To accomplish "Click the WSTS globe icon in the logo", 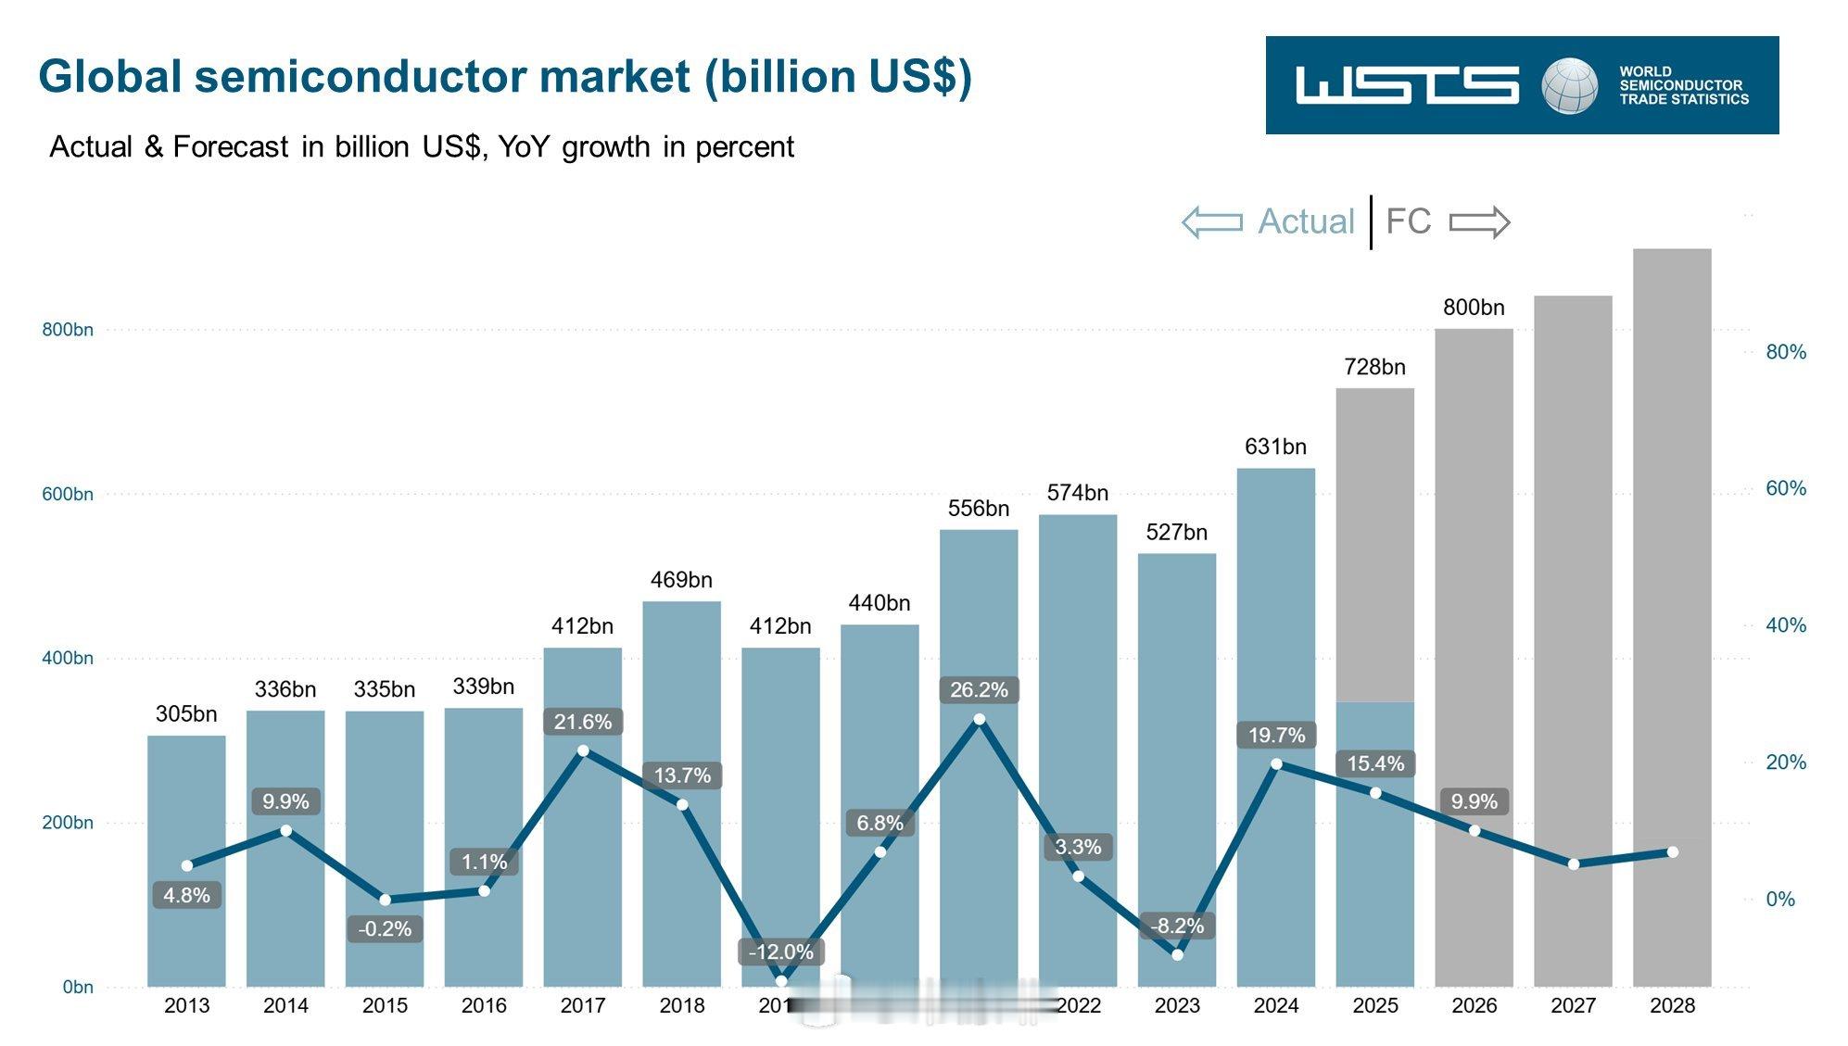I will pyautogui.click(x=1569, y=85).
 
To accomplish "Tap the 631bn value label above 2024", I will pyautogui.click(x=1275, y=447).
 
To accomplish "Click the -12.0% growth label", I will pyautogui.click(x=780, y=951).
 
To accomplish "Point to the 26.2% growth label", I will pyautogui.click(x=979, y=690).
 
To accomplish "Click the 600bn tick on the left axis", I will pyautogui.click(x=68, y=494).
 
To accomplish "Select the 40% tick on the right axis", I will pyautogui.click(x=1785, y=625).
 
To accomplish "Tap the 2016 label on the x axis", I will pyautogui.click(x=484, y=1005).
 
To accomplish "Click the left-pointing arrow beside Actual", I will pyautogui.click(x=1212, y=222).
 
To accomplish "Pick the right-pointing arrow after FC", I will pyautogui.click(x=1479, y=222).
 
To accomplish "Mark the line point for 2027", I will pyautogui.click(x=1573, y=863).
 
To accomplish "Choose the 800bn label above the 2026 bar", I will pyautogui.click(x=1474, y=308).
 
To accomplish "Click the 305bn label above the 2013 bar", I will pyautogui.click(x=186, y=714).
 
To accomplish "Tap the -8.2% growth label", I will pyautogui.click(x=1177, y=926).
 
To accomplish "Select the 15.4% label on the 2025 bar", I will pyautogui.click(x=1374, y=763).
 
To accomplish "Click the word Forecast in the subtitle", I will pyautogui.click(x=231, y=146).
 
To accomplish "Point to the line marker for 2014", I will pyautogui.click(x=285, y=830).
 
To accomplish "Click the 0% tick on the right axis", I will pyautogui.click(x=1779, y=899).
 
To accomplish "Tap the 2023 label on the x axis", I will pyautogui.click(x=1177, y=1005).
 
